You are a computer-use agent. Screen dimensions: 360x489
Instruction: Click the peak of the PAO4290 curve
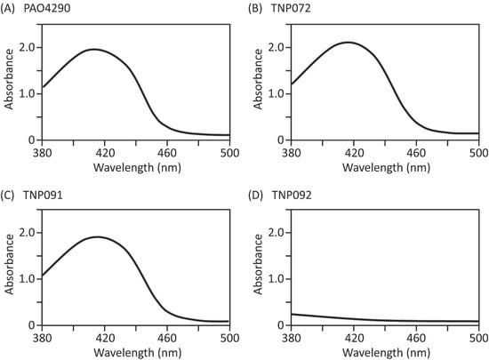click(x=93, y=49)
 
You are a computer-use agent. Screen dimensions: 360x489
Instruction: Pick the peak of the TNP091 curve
click(x=95, y=236)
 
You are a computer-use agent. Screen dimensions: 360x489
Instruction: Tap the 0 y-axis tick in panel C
click(x=33, y=325)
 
